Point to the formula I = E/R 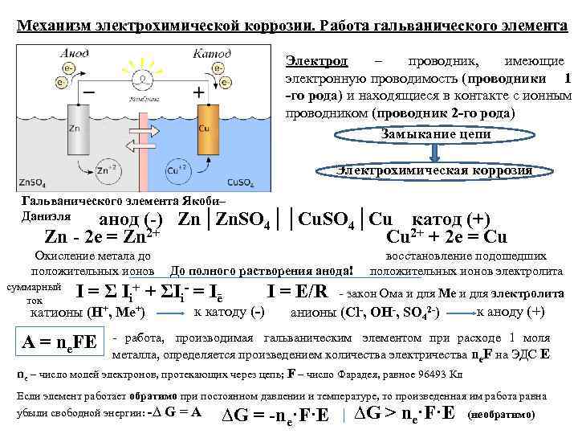pos(297,291)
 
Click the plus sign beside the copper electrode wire pos(197,92)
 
